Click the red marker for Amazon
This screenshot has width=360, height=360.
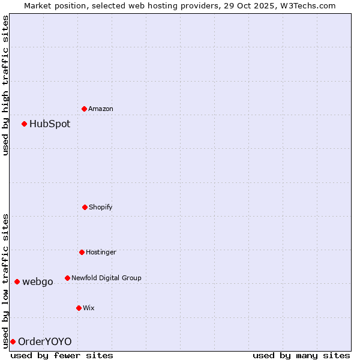point(85,109)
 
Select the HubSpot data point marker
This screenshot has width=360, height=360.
point(25,124)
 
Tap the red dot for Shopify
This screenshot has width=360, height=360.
point(85,207)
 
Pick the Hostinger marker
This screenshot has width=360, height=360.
point(82,252)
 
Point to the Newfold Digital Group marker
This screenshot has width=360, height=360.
point(67,278)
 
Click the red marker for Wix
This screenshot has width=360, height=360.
point(79,308)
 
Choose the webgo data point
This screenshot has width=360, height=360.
point(17,281)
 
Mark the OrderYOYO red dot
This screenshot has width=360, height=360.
point(13,341)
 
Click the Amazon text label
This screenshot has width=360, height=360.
point(101,109)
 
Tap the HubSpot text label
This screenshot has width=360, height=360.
point(50,124)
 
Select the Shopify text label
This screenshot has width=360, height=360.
point(101,207)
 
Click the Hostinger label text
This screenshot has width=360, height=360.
point(101,252)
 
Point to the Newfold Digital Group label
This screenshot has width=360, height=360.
point(106,278)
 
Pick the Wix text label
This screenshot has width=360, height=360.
point(89,308)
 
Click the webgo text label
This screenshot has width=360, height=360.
point(38,282)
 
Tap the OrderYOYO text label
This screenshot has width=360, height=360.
point(45,342)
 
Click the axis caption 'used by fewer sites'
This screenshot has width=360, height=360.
point(62,355)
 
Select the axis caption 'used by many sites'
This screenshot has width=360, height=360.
point(301,355)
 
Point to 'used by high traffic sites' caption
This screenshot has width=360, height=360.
point(5,85)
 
